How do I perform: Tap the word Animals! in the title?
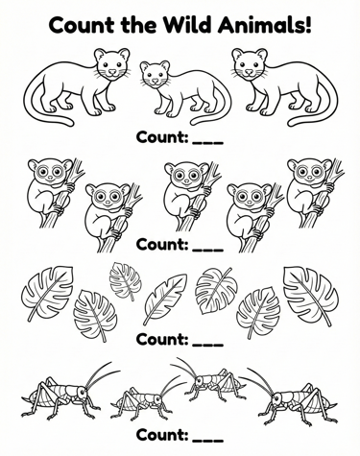coord(265,25)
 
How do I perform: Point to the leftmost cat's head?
coord(112,64)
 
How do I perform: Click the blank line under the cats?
coord(207,142)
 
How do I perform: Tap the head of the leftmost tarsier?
coord(50,172)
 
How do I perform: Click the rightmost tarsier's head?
coord(310,172)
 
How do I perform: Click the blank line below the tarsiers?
coord(207,250)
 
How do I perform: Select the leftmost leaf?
coord(48,293)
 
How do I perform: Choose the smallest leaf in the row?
coord(126,281)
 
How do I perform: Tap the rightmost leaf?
coord(310,296)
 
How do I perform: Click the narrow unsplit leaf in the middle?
coord(165,300)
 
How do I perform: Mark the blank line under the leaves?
coord(207,345)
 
